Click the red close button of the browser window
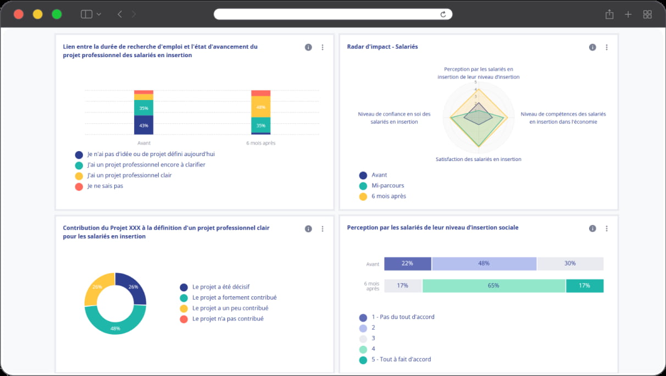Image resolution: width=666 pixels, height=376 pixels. (19, 14)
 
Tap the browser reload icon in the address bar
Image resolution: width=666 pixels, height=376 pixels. (443, 14)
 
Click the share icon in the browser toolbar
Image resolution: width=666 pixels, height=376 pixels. (609, 14)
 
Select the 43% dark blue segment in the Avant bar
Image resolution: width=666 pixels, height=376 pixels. (143, 125)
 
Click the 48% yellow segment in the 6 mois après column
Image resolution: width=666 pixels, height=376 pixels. (260, 107)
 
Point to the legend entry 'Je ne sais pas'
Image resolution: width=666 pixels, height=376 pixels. (105, 186)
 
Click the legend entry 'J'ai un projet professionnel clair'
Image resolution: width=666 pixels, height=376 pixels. (129, 175)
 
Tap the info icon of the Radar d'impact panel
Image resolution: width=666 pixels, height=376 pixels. (592, 47)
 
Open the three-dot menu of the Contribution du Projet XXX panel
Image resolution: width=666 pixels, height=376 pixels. (323, 229)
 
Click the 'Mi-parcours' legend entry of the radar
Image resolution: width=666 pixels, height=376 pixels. (387, 186)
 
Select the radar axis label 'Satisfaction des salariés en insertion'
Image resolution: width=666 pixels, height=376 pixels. (478, 159)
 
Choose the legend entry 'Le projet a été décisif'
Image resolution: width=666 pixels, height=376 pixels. (220, 287)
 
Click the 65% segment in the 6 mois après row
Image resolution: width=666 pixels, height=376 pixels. (493, 286)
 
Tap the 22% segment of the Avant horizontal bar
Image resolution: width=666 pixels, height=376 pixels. (407, 263)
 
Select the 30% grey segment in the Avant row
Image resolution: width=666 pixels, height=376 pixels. (570, 263)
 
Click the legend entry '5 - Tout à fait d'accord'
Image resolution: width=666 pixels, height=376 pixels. (401, 360)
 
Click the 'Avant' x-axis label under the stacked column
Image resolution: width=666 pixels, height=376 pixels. (144, 143)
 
